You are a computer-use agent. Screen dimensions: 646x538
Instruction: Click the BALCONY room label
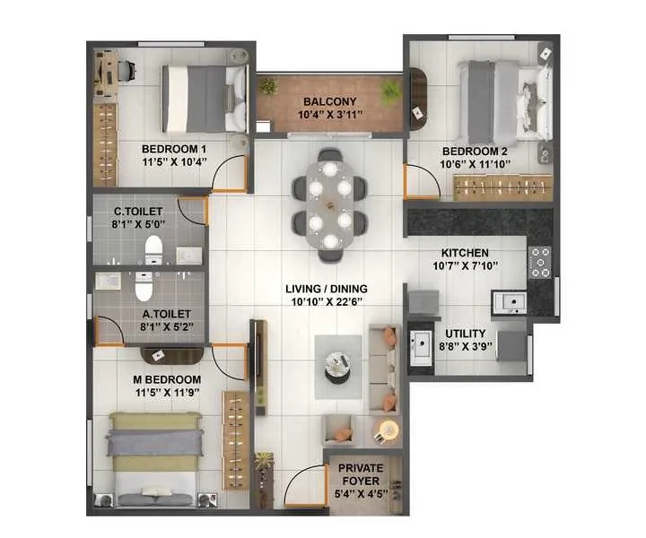coord(329,101)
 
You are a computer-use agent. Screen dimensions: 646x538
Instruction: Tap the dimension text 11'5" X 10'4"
coord(174,161)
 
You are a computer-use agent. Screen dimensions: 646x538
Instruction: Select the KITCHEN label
coord(465,253)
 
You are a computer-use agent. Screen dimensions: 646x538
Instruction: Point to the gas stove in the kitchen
coord(540,262)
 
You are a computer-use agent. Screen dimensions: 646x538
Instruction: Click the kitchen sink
coord(511,304)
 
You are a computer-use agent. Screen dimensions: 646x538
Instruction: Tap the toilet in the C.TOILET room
coord(153,250)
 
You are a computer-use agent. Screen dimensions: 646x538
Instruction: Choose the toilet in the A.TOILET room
coord(144,286)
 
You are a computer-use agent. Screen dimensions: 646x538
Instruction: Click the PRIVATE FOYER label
coord(361,474)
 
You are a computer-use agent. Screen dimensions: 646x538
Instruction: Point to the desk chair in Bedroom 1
coord(127,71)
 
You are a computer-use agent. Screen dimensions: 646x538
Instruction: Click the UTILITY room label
coord(465,333)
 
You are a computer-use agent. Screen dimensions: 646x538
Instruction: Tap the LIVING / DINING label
coord(327,289)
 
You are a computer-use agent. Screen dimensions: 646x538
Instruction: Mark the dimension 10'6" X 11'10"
coord(475,164)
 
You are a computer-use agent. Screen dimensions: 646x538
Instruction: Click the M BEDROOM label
coord(167,379)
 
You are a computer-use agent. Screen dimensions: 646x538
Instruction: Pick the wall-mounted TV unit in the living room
coord(260,367)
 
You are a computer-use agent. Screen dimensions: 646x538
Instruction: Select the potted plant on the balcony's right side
coord(389,90)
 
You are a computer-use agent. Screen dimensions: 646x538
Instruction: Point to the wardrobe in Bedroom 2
coord(502,187)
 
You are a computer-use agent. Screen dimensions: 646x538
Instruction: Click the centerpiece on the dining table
coord(329,204)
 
